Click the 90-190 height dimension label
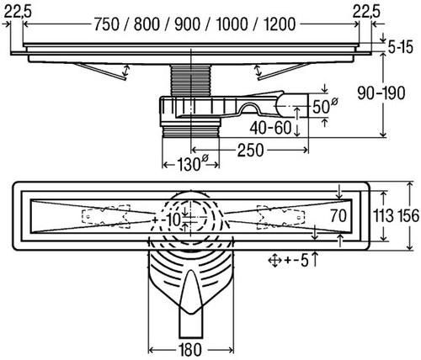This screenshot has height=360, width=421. [x=381, y=93]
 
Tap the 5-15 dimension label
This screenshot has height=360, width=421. [x=401, y=47]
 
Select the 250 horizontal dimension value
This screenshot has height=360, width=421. [x=251, y=150]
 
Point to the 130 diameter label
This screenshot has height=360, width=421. [x=192, y=163]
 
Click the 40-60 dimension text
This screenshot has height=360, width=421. [x=271, y=128]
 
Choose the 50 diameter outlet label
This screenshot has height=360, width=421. [x=324, y=106]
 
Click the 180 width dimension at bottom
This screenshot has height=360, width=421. [x=191, y=349]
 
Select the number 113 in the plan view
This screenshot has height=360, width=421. [x=383, y=216]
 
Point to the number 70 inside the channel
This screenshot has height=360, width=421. [x=338, y=216]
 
